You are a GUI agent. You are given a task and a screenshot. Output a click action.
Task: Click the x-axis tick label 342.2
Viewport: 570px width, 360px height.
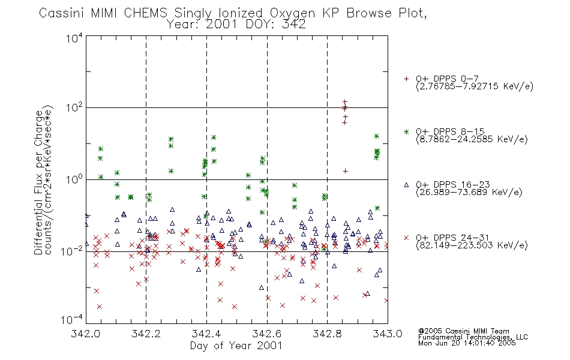coord(146,334)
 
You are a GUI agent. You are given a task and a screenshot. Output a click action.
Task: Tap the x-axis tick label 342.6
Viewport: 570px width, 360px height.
coord(267,334)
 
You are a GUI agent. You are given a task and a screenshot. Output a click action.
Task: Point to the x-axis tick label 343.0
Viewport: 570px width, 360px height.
coord(388,334)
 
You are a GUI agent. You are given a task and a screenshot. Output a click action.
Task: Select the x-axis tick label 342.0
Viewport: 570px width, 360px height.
coord(85,334)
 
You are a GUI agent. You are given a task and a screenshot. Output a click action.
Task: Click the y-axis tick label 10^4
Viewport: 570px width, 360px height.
coord(74,38)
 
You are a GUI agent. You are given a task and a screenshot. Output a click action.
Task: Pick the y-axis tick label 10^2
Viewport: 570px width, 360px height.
coord(74,108)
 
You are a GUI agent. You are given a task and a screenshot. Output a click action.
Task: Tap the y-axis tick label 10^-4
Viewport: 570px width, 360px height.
coord(72,319)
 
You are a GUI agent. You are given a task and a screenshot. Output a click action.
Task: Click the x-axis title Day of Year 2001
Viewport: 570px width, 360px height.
coord(236,346)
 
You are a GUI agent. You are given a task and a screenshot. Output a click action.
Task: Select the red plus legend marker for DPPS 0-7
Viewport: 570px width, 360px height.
coord(406,79)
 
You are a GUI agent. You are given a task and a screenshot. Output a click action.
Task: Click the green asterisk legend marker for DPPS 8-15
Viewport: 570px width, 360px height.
coord(406,132)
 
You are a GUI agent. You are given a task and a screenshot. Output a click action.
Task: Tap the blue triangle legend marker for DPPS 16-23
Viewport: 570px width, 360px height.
coord(406,185)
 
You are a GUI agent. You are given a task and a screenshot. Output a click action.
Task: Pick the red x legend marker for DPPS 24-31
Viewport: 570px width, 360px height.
coord(406,238)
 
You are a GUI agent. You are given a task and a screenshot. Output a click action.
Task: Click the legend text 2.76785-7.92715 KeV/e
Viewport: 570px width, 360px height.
coord(475,86)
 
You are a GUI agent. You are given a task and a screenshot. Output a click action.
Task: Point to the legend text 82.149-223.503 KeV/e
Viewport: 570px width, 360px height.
coord(472,245)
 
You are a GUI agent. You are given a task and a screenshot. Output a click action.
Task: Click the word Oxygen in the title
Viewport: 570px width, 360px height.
coord(293,13)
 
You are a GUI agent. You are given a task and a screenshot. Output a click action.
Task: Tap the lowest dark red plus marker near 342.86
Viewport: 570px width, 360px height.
coord(346,171)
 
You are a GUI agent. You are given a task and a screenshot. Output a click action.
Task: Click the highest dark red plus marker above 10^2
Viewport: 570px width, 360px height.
coord(345,103)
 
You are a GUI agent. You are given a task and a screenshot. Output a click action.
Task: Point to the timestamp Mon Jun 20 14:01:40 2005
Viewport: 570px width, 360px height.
coord(467,343)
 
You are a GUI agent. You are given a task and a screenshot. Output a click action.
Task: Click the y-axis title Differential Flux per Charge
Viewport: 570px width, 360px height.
coord(39,182)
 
